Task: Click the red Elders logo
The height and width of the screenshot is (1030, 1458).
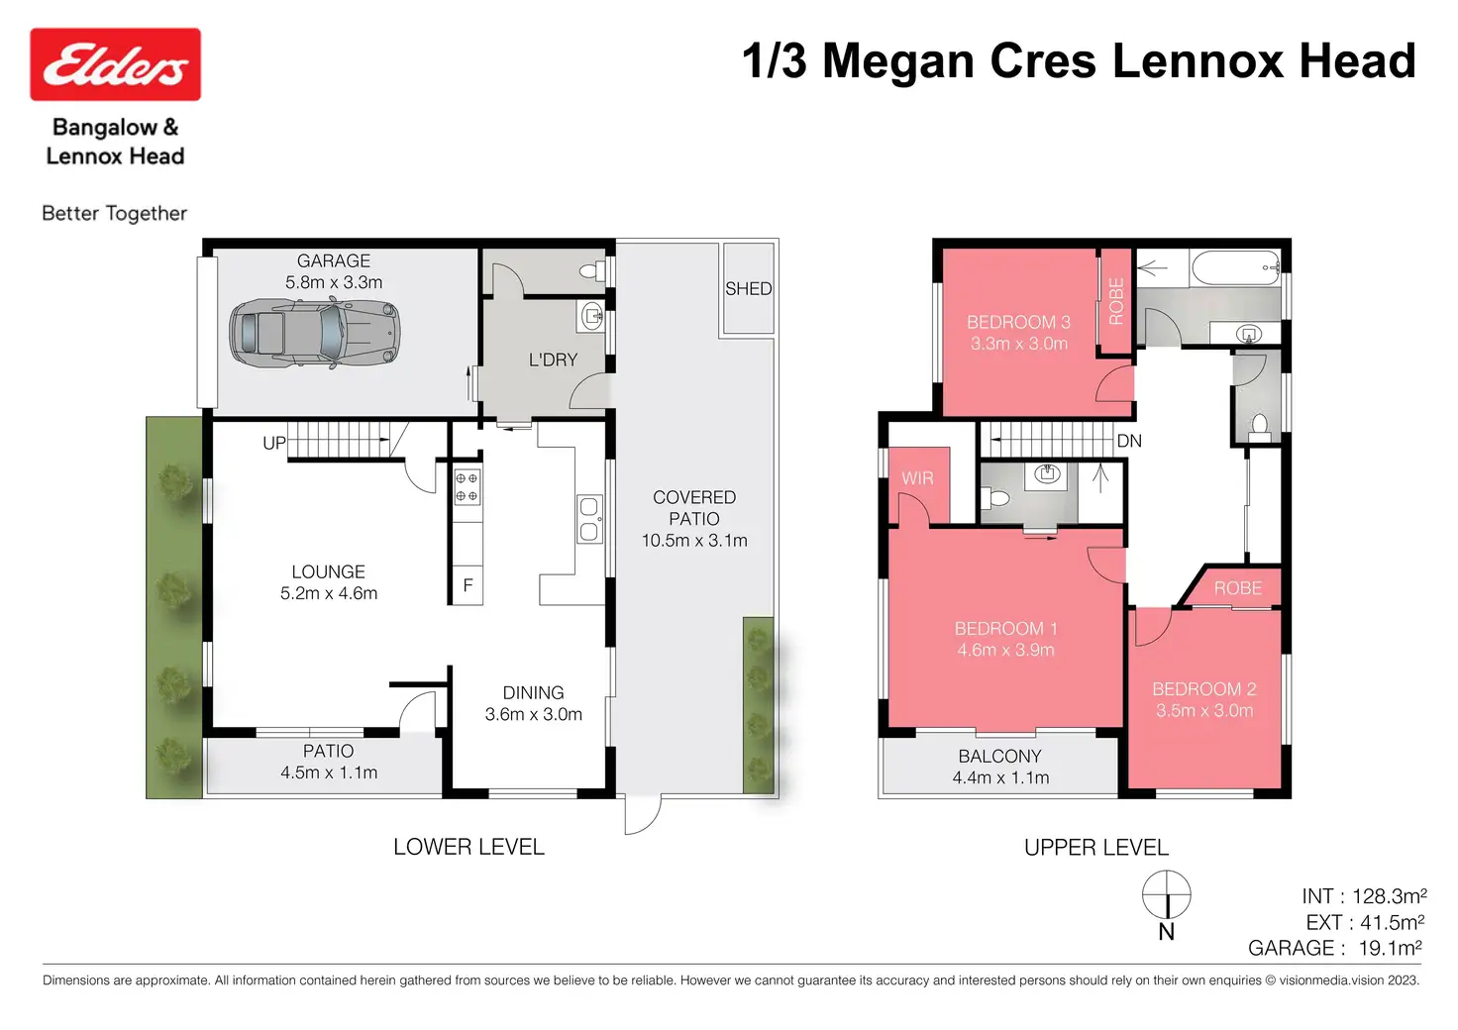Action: pyautogui.click(x=115, y=63)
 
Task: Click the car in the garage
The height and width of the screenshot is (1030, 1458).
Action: pyautogui.click(x=314, y=334)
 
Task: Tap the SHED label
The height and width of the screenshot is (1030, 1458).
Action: pyautogui.click(x=749, y=288)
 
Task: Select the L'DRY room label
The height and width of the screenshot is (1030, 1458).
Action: pyautogui.click(x=554, y=360)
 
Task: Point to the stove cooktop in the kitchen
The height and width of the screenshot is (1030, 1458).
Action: pyautogui.click(x=468, y=486)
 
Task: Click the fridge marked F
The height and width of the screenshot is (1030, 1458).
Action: pyautogui.click(x=468, y=585)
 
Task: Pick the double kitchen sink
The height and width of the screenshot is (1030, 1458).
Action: pyautogui.click(x=589, y=519)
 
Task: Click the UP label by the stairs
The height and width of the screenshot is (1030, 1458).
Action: pyautogui.click(x=274, y=443)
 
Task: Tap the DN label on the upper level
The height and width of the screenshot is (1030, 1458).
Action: pyautogui.click(x=1129, y=441)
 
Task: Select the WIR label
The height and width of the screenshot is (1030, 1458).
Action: pyautogui.click(x=918, y=478)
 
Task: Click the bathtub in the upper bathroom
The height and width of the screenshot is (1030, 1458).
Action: pyautogui.click(x=1236, y=268)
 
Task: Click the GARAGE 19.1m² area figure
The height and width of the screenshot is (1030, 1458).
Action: pyautogui.click(x=1334, y=948)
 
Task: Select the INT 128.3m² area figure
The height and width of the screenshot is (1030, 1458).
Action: pyautogui.click(x=1364, y=896)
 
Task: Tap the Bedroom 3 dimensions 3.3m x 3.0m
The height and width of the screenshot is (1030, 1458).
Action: pyautogui.click(x=1019, y=344)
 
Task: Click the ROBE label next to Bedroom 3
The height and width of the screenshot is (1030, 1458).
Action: pyautogui.click(x=1116, y=301)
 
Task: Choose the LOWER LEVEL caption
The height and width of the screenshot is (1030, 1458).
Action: pyautogui.click(x=469, y=847)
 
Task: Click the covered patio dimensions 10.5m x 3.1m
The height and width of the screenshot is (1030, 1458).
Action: pyautogui.click(x=694, y=540)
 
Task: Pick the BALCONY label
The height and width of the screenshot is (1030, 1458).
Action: pyautogui.click(x=999, y=756)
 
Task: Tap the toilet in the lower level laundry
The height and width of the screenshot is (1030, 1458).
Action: pyautogui.click(x=593, y=271)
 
